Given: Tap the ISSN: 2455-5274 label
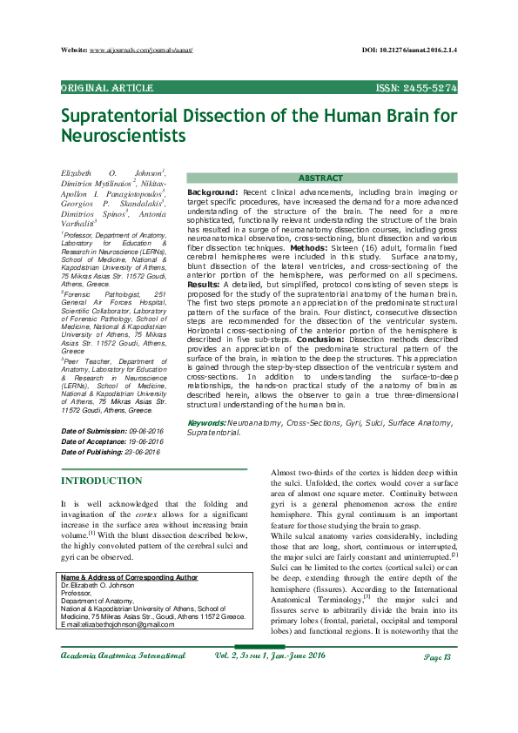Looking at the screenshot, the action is (416, 88).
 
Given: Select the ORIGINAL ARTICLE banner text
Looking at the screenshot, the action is (107, 88).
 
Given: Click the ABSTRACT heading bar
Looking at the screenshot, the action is (320, 178).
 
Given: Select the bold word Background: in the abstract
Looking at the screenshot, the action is (212, 191).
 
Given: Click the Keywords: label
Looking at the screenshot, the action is (207, 422).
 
